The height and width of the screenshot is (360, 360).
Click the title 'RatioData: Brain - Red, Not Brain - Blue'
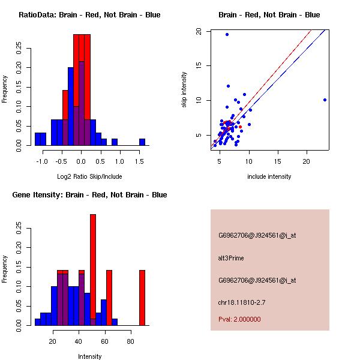(x=89, y=14)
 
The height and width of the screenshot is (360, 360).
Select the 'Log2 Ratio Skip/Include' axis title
(x=89, y=176)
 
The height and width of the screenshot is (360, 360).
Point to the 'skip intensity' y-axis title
(x=184, y=90)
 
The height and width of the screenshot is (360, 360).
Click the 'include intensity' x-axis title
(x=269, y=176)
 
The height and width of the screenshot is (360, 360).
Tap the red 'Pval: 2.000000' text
(x=239, y=319)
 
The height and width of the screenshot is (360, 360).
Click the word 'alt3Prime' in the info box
(x=231, y=258)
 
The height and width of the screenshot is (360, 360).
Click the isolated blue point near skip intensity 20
(x=227, y=34)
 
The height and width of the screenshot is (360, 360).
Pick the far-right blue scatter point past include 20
(x=325, y=100)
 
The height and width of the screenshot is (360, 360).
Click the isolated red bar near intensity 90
(x=142, y=298)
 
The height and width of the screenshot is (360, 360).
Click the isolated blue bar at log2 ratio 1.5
(x=142, y=142)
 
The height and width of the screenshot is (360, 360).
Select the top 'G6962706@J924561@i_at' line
(x=257, y=235)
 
